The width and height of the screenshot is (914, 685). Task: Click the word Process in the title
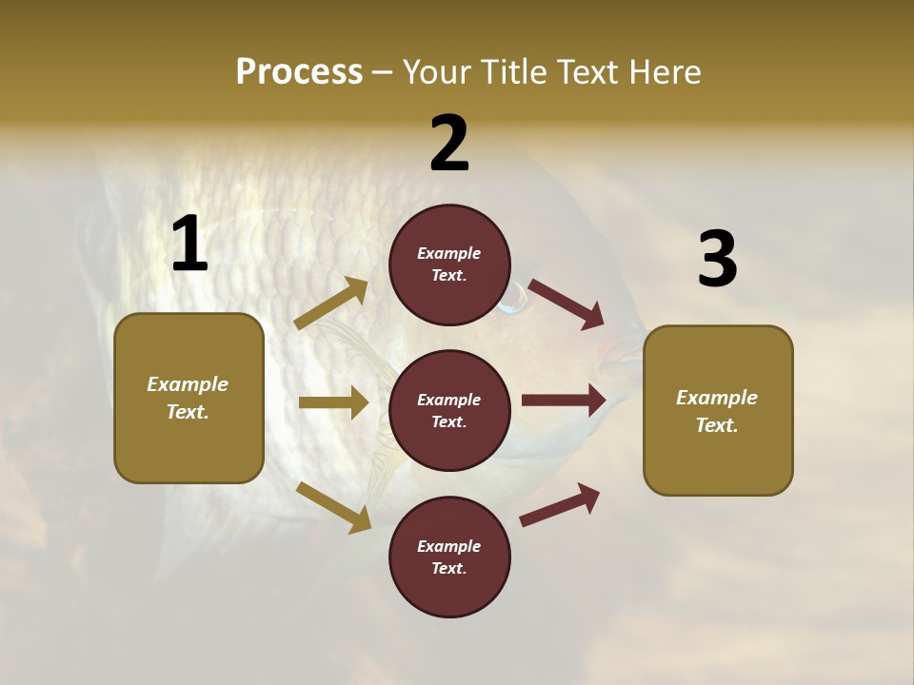[299, 72]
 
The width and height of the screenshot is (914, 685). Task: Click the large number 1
[189, 245]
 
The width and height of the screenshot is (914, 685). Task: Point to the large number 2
[449, 144]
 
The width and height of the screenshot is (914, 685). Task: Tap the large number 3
[717, 260]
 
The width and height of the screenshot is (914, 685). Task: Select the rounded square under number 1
[189, 398]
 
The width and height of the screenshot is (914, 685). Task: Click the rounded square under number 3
[718, 411]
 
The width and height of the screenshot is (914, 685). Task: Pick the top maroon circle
[449, 264]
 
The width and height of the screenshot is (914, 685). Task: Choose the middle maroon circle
[449, 410]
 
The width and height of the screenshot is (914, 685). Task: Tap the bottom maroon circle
[449, 557]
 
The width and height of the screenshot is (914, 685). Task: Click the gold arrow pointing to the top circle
[331, 303]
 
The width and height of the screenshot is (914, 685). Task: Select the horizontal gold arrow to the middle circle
[333, 402]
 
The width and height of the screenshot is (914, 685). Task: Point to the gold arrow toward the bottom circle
[333, 507]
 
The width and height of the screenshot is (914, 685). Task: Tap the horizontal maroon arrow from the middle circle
[564, 400]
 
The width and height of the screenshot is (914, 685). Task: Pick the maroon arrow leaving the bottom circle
[560, 504]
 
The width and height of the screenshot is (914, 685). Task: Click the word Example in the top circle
[449, 253]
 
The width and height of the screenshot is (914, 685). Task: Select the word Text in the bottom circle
[447, 568]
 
